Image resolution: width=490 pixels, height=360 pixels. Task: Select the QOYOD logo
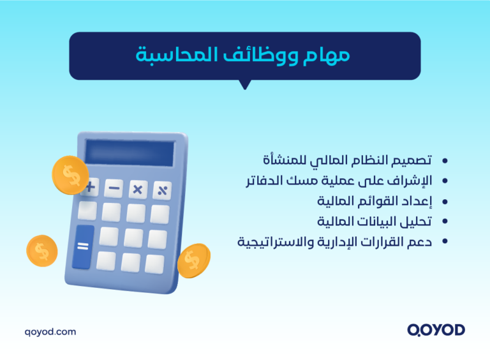click(436, 330)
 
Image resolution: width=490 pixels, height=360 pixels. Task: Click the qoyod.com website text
click(50, 331)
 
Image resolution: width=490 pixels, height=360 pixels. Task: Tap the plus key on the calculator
click(90, 187)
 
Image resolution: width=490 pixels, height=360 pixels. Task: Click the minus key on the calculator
click(114, 188)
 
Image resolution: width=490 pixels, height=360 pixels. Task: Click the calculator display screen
click(130, 154)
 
